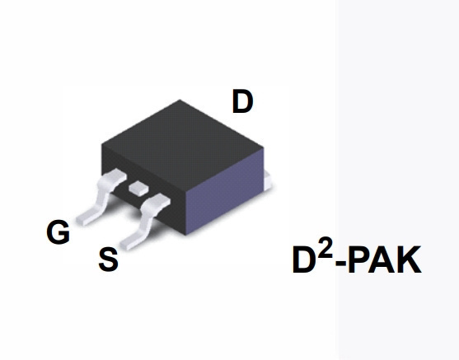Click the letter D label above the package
click(242, 101)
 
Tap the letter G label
click(59, 231)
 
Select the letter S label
click(108, 259)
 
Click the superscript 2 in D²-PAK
click(326, 248)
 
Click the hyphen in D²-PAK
click(341, 263)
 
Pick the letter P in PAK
click(358, 259)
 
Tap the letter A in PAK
click(382, 259)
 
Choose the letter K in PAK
click(410, 259)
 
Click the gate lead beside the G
click(101, 195)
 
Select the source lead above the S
click(146, 221)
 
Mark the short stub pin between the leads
click(139, 188)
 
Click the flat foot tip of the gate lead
click(83, 219)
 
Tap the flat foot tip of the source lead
click(128, 245)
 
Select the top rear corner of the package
click(180, 100)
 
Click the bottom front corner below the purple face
click(185, 235)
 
